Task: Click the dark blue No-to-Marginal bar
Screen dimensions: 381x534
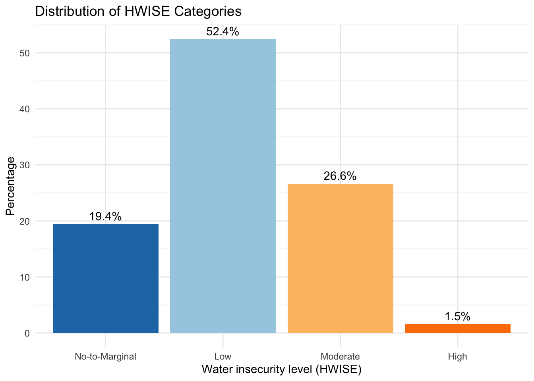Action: pos(106,279)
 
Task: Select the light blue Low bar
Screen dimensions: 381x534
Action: pos(223,186)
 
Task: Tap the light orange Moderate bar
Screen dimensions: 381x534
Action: pos(341,258)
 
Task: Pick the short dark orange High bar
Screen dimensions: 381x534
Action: pos(458,329)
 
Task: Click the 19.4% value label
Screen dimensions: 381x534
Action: pos(105,217)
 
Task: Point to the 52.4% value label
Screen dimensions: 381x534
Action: pos(223,32)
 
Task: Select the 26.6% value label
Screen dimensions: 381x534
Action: pos(340,176)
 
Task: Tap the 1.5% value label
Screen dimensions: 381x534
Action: pos(458,317)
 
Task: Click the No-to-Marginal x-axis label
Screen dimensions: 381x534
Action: pos(106,356)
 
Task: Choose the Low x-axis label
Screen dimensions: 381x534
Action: pos(223,356)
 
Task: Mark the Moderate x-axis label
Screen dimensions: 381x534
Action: pos(340,356)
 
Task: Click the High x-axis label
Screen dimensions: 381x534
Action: pos(458,356)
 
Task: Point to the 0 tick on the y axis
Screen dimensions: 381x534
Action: pos(27,333)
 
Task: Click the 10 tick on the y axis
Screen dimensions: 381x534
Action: pos(25,277)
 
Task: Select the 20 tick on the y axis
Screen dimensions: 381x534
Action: pos(25,221)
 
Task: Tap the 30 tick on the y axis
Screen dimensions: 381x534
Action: pos(25,165)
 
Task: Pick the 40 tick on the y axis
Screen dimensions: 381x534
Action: pos(25,110)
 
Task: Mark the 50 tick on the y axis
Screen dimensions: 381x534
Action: pos(25,54)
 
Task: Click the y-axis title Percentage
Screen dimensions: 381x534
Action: pos(11,186)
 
